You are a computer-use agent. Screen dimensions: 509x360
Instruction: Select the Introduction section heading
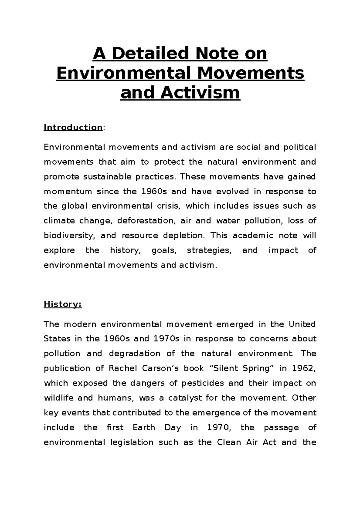73,127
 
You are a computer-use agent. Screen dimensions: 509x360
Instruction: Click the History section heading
62,304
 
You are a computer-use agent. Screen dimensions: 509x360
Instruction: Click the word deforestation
145,221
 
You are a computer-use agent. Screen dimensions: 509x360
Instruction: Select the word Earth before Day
144,427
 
